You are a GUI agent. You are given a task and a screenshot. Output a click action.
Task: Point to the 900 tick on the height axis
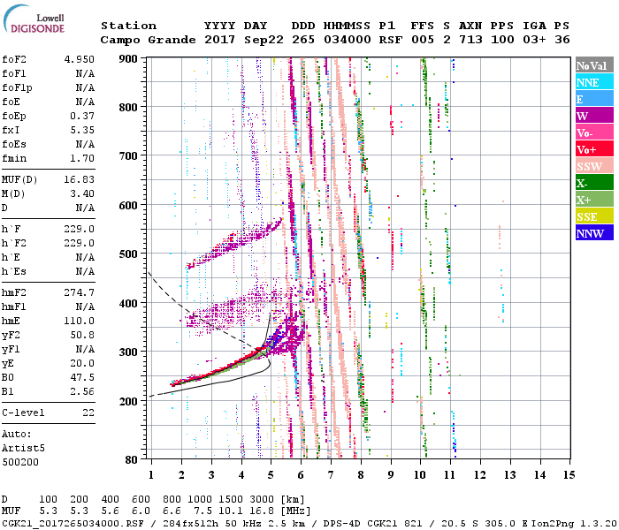coord(130,58)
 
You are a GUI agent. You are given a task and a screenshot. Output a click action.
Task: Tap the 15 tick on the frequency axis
coord(569,475)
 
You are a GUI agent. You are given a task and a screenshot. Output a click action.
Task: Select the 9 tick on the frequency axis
coord(391,475)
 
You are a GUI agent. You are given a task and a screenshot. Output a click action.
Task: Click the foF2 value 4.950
coord(80,58)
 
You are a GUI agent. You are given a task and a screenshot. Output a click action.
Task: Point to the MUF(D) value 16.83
coord(80,179)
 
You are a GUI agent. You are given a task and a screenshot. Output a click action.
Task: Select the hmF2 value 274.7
coord(80,291)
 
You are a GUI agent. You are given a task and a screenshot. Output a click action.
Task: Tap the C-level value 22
coord(88,413)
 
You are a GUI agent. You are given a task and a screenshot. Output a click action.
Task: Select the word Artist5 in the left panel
coord(21,448)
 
